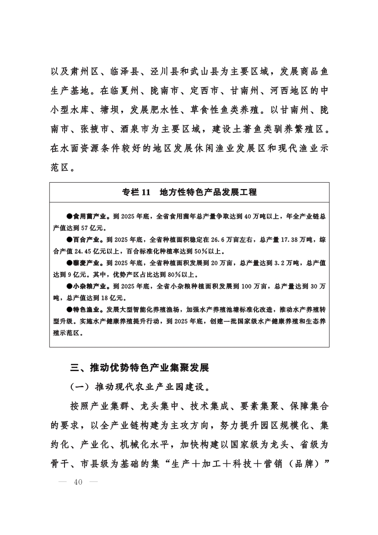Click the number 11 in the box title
(146, 192)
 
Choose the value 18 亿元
(105, 298)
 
